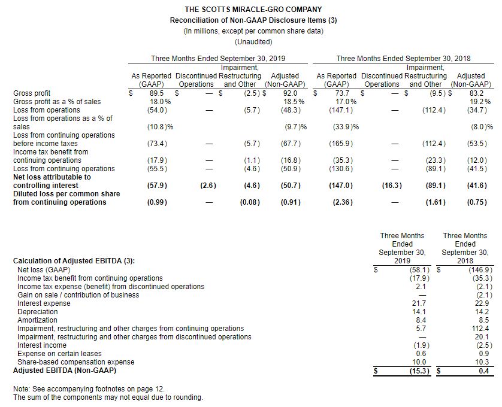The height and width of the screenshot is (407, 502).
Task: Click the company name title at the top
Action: click(x=253, y=10)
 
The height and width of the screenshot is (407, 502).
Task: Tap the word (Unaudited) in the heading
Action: click(x=253, y=42)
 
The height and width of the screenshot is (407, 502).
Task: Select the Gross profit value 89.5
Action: click(x=156, y=93)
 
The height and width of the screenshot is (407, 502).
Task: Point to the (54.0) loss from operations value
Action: click(x=156, y=110)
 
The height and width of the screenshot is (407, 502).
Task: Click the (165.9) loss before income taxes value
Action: click(x=341, y=144)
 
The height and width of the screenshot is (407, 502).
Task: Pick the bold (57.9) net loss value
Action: click(x=156, y=186)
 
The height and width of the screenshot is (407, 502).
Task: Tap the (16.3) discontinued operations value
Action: click(x=391, y=186)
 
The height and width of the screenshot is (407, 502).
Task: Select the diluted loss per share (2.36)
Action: click(x=341, y=202)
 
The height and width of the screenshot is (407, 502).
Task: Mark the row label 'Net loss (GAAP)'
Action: click(x=42, y=270)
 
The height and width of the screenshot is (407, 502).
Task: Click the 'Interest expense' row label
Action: click(x=44, y=303)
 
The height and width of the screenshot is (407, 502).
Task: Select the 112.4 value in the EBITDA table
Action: click(x=481, y=329)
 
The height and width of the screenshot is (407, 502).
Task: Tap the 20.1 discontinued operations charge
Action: click(x=483, y=337)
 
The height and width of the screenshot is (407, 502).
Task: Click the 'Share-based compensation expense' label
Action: click(x=76, y=362)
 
